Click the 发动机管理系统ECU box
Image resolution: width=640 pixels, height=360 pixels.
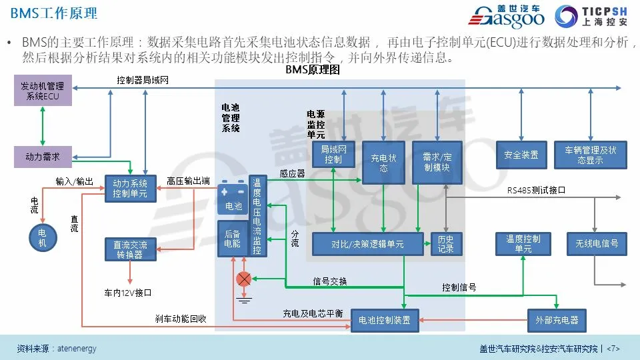[43, 91]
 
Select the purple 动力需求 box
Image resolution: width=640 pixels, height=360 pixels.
[43, 157]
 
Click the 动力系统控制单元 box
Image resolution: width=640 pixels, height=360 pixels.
[130, 188]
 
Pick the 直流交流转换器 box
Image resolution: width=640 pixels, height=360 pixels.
[130, 249]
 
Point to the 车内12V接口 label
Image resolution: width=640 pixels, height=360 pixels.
[127, 293]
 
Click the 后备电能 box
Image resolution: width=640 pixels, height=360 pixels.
[233, 239]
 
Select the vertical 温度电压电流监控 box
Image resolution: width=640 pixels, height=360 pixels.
[257, 216]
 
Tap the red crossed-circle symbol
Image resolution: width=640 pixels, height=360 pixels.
[245, 279]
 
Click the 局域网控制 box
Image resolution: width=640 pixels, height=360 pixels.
[333, 155]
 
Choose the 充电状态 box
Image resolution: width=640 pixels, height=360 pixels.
[383, 163]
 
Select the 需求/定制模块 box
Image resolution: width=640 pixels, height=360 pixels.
[437, 163]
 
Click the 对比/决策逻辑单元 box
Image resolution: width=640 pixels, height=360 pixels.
[367, 245]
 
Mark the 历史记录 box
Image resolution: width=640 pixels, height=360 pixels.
[445, 244]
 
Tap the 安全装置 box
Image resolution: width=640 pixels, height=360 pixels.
[521, 155]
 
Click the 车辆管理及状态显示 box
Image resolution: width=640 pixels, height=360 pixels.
[591, 155]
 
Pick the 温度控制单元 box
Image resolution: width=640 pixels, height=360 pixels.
[523, 243]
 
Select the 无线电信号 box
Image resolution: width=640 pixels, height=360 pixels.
[597, 243]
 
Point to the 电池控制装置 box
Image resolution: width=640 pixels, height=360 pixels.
[385, 320]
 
